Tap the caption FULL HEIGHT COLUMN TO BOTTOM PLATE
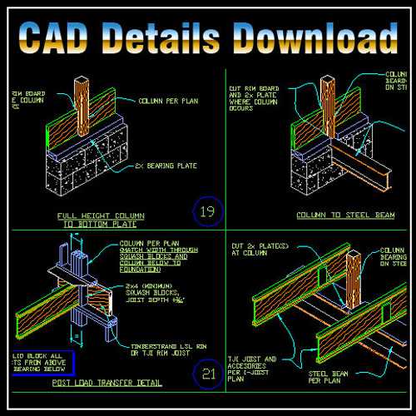tap(97, 220)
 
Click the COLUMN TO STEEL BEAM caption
tap(334, 215)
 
